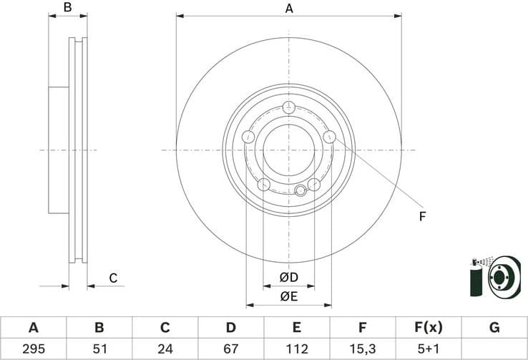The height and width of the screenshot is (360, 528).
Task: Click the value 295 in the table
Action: coord(33,349)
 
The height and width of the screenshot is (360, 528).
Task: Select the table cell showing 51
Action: coord(99,349)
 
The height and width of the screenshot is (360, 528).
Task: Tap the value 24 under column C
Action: coord(165,349)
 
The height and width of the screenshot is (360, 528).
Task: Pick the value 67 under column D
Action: coord(230,349)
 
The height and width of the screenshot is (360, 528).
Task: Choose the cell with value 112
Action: coord(296,349)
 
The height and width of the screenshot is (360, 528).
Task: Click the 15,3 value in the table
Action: coord(363,349)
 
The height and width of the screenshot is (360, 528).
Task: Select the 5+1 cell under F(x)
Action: coord(429,349)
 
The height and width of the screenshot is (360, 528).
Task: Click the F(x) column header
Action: coord(429,328)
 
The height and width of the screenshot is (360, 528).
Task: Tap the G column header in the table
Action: coord(494,328)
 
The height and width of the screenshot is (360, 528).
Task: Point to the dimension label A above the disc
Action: coord(289,9)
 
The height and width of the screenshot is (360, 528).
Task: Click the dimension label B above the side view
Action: coord(68,9)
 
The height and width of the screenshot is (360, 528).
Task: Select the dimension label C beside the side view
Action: coord(112,278)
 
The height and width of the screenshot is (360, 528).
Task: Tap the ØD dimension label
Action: coord(288,277)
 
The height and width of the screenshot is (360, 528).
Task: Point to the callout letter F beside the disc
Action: coord(422,215)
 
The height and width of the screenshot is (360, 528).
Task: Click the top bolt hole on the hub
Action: coord(289,108)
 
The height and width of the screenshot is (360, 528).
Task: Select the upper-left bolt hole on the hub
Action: coord(249,137)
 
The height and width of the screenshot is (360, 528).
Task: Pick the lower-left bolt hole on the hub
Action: coord(263,185)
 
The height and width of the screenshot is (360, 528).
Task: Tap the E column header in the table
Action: coord(296,328)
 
